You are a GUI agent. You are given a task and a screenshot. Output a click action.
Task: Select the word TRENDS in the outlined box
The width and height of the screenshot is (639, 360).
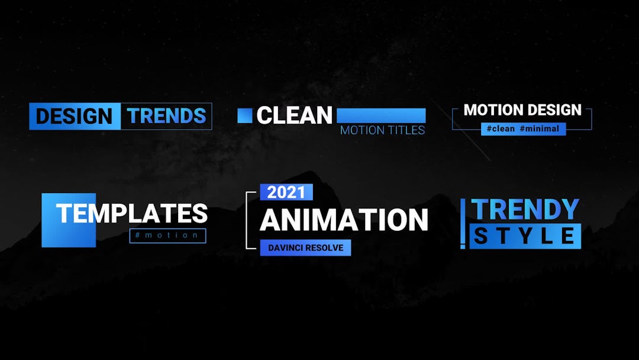click(166, 116)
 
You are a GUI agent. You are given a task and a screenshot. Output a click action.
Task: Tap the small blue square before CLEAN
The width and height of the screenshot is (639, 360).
click(245, 115)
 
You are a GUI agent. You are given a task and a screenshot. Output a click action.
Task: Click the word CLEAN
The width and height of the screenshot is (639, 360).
click(294, 116)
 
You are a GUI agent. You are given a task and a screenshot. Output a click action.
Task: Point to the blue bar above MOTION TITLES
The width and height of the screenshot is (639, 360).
click(381, 115)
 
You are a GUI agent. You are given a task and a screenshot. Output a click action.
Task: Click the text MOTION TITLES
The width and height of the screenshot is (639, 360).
click(382, 130)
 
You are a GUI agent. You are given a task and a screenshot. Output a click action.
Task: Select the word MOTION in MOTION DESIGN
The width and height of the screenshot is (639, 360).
click(492, 110)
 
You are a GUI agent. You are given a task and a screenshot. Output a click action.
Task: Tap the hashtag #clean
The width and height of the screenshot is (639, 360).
click(501, 128)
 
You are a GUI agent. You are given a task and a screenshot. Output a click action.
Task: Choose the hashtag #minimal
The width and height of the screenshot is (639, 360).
click(539, 128)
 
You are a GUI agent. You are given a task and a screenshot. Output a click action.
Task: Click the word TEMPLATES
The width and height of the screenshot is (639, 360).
click(132, 214)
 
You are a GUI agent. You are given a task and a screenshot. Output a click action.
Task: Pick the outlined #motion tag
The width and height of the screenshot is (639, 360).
click(167, 236)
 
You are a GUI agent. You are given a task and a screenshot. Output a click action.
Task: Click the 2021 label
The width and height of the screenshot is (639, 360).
click(286, 192)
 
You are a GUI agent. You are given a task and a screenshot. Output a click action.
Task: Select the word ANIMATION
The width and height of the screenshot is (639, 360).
click(344, 220)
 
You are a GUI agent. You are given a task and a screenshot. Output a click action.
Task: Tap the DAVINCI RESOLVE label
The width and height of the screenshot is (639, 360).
click(305, 248)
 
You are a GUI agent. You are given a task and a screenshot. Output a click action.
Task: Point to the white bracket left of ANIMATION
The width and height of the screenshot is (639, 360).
click(248, 220)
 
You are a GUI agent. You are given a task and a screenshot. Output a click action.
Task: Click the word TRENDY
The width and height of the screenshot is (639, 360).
click(525, 210)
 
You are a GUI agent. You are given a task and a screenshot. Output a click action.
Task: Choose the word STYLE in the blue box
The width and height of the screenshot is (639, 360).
click(525, 236)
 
